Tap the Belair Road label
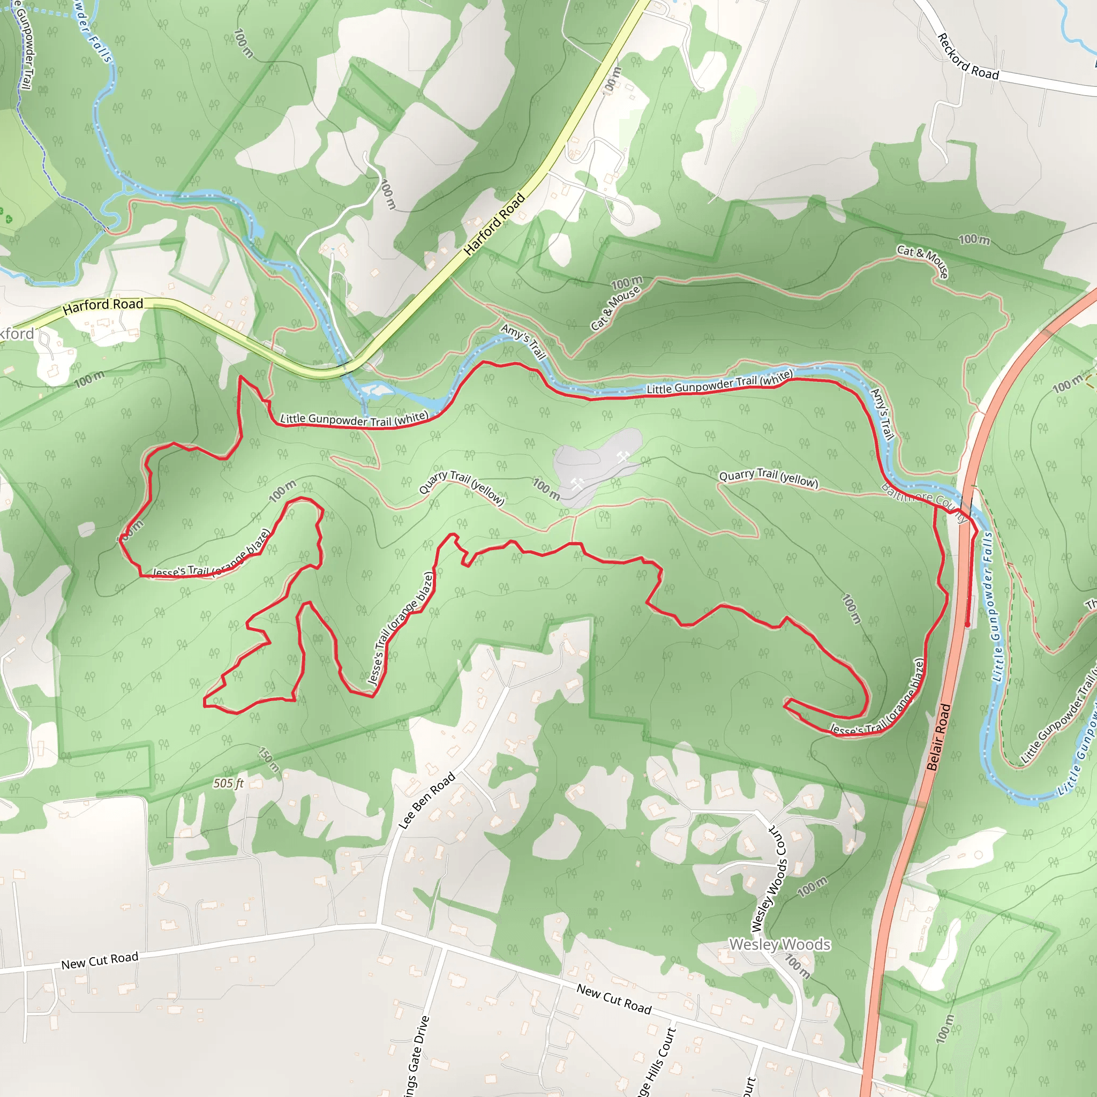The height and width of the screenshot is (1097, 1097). point(938,737)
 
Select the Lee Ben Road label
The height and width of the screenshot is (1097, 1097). point(427,801)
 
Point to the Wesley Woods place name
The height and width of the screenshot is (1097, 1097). point(779,944)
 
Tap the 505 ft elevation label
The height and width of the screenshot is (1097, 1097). point(229,784)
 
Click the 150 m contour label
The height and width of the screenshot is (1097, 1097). point(269,760)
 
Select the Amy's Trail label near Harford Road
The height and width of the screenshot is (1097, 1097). point(523,341)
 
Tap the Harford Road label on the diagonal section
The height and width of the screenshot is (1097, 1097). point(494,224)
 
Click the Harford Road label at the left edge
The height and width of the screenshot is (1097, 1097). point(103,306)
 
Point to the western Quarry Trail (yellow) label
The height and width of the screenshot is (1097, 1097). point(462,486)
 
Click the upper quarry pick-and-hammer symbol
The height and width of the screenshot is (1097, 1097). point(623,456)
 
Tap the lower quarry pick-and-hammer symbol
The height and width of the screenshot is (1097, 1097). point(577,484)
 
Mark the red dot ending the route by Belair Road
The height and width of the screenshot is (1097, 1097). point(967,625)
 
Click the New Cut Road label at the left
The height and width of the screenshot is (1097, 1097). point(100,961)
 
